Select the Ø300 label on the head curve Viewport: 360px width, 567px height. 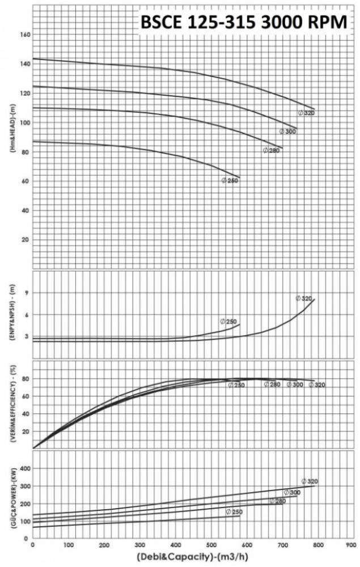tap(288, 132)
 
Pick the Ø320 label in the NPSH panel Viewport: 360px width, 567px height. tap(304, 298)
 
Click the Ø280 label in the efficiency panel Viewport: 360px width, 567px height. tap(272, 384)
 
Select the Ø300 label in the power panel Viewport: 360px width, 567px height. tap(293, 492)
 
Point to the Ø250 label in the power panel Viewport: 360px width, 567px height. tap(234, 511)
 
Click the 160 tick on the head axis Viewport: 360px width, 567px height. tap(25, 35)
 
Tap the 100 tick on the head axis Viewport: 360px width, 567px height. tap(25, 122)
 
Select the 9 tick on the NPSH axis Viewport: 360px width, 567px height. tap(26, 293)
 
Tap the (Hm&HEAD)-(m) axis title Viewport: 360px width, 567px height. tap(11, 136)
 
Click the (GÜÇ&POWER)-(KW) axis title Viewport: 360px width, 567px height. tap(11, 495)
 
